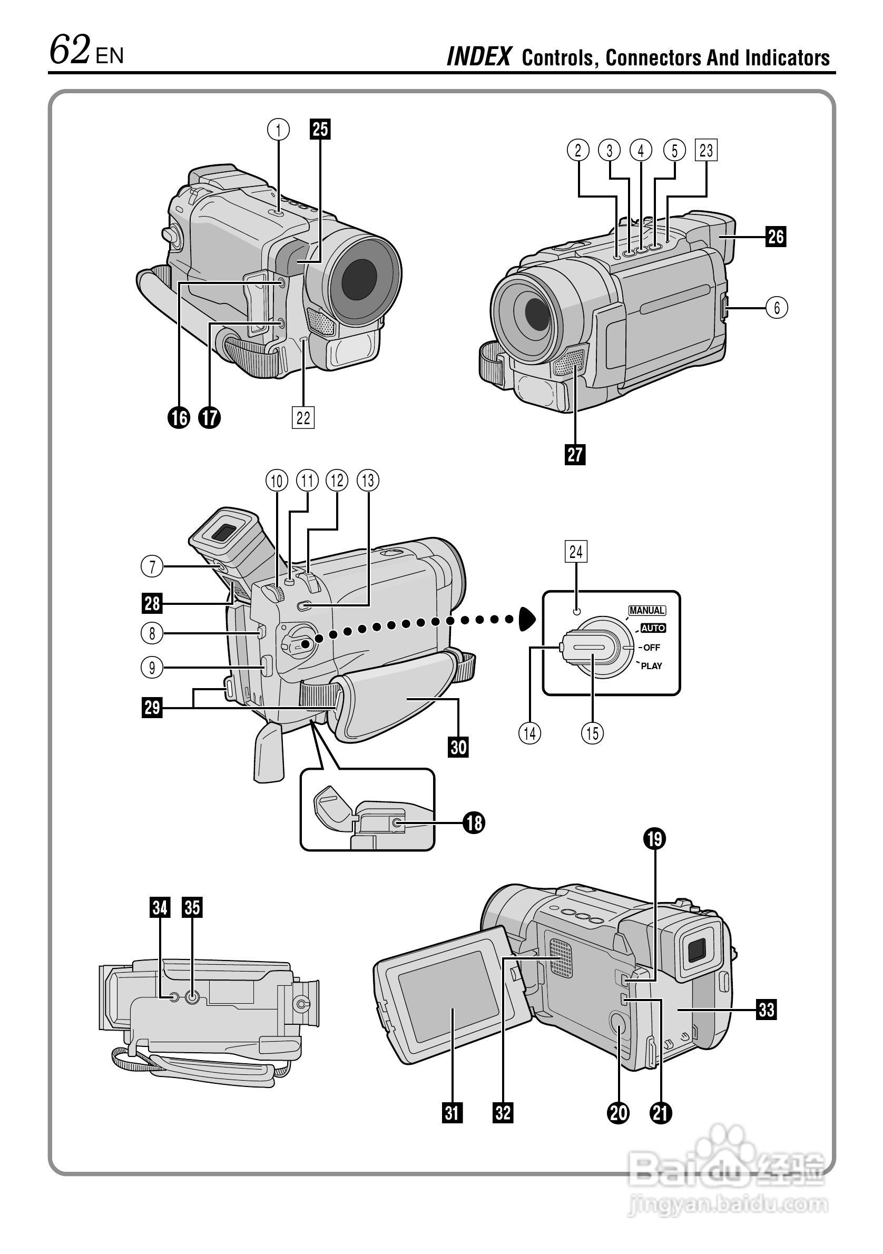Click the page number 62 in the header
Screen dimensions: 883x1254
point(70,50)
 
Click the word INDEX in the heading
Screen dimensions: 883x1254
point(479,57)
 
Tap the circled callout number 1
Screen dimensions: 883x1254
point(278,130)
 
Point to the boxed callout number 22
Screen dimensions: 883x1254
point(303,418)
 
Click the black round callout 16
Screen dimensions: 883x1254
point(179,418)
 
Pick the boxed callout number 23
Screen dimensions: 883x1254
point(706,150)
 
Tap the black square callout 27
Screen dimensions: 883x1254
point(575,454)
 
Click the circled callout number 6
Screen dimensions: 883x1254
point(777,308)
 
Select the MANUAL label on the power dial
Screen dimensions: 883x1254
point(647,611)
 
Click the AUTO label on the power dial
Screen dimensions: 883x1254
point(653,628)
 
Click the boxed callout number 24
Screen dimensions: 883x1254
point(576,552)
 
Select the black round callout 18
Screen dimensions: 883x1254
point(474,822)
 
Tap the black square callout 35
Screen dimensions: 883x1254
point(192,908)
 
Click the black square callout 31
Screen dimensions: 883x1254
point(452,1113)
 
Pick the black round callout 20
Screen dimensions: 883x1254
point(619,1113)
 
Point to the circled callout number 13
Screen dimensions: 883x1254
point(368,481)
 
